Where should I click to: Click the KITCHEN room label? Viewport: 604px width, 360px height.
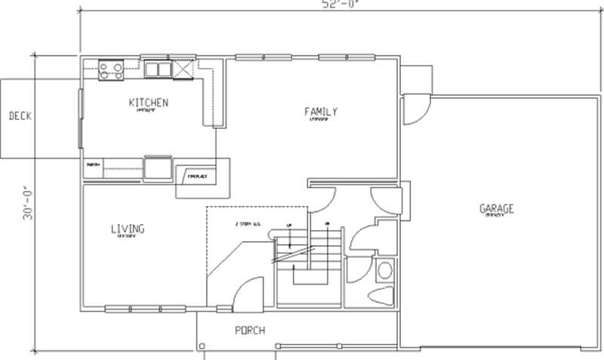(148, 103)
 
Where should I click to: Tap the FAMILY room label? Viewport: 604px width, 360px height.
(321, 112)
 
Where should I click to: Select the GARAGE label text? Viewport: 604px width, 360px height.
(496, 208)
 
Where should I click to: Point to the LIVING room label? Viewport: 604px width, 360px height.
(128, 229)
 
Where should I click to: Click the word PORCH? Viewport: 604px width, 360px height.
(249, 331)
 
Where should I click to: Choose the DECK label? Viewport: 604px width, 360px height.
(19, 116)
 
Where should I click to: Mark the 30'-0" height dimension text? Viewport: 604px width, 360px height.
(29, 202)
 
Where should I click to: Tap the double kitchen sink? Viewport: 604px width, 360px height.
(158, 69)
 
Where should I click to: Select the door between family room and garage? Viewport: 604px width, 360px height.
(414, 110)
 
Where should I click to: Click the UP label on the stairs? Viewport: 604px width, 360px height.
(288, 224)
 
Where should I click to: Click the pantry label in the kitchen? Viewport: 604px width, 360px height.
(93, 164)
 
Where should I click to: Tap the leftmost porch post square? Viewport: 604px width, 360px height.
(202, 346)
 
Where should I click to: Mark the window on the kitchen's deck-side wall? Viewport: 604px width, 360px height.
(82, 121)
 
